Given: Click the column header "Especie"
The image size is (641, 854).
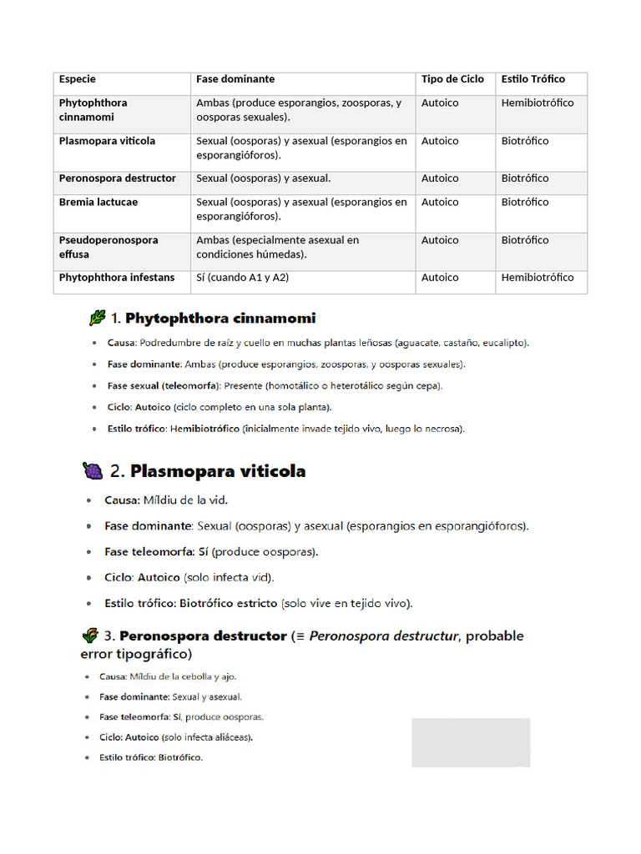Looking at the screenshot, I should tap(78, 79).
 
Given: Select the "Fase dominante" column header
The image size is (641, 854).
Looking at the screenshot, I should tap(235, 79).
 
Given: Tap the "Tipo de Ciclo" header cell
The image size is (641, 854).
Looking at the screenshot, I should tap(452, 79).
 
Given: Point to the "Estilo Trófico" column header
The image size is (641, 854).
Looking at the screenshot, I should tap(532, 79).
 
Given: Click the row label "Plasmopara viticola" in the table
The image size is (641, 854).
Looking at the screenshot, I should tap(107, 141).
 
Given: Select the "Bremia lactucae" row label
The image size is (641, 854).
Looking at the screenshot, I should tap(98, 202).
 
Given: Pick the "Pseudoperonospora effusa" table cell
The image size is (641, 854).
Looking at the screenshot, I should tap(109, 247).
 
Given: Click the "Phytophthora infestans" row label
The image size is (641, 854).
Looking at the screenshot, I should tap(117, 278).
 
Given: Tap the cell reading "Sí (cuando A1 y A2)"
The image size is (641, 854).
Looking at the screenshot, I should tap(242, 278).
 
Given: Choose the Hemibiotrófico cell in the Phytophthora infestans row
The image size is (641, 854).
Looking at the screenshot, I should tap(538, 278).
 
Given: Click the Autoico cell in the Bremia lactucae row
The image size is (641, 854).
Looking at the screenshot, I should tap(440, 202).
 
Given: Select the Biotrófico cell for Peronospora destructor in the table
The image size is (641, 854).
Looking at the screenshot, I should tap(525, 178).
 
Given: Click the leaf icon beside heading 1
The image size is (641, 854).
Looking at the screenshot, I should tap(97, 318).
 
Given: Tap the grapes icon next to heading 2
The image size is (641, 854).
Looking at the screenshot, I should tap(93, 471).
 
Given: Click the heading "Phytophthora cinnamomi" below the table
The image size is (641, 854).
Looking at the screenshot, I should tap(220, 319).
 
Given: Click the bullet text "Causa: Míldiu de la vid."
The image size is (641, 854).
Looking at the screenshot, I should tap(166, 500).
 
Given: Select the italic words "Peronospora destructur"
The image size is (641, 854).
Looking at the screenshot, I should tap(384, 636).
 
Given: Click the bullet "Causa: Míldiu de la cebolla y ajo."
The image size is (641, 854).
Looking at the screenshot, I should tap(174, 676).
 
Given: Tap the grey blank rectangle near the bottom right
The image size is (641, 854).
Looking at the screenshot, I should tap(471, 742).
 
